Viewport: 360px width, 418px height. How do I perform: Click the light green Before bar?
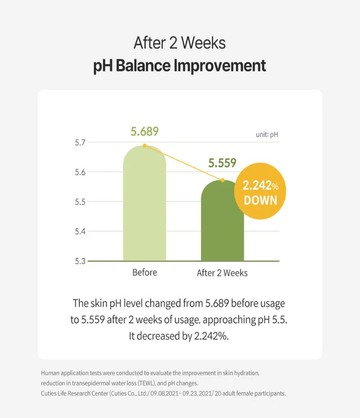pyautogui.click(x=144, y=207)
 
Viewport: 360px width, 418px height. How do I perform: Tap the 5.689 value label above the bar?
pyautogui.click(x=144, y=132)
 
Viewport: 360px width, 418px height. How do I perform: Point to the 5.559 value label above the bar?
pyautogui.click(x=222, y=163)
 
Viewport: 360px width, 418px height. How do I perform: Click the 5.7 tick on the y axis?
pyautogui.click(x=81, y=142)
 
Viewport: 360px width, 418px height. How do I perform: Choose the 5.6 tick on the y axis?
pyautogui.click(x=81, y=172)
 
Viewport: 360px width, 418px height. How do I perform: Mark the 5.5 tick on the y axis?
pyautogui.click(x=81, y=202)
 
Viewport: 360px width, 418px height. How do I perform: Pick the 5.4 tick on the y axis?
pyautogui.click(x=81, y=232)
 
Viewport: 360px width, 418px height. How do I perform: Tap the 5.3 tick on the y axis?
pyautogui.click(x=81, y=261)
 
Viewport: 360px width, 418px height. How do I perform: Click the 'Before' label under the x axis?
pyautogui.click(x=144, y=273)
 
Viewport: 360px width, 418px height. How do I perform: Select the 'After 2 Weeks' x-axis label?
pyautogui.click(x=222, y=273)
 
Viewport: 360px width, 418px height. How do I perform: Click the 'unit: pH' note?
pyautogui.click(x=267, y=134)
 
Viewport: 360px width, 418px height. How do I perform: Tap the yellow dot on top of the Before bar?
pyautogui.click(x=144, y=145)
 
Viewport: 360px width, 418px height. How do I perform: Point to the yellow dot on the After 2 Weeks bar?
pyautogui.click(x=222, y=180)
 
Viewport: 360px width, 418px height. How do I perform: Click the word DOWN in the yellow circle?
pyautogui.click(x=260, y=200)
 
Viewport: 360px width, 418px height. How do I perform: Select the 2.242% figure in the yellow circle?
pyautogui.click(x=261, y=186)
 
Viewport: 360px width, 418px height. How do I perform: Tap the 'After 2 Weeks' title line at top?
pyautogui.click(x=180, y=43)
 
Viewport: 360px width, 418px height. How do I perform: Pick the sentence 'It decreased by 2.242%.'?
pyautogui.click(x=180, y=336)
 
